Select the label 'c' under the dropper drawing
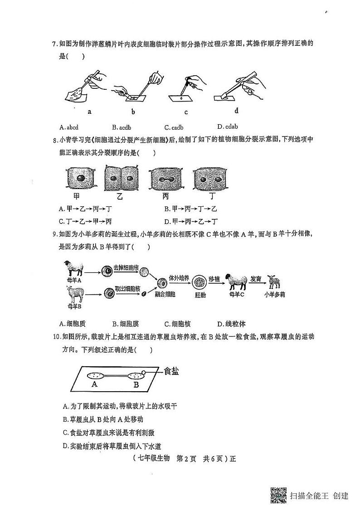pos(186,112)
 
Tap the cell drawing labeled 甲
pos(82,179)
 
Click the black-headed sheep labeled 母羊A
pos(73,268)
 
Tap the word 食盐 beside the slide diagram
pos(171,371)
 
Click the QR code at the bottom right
pos(278,495)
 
